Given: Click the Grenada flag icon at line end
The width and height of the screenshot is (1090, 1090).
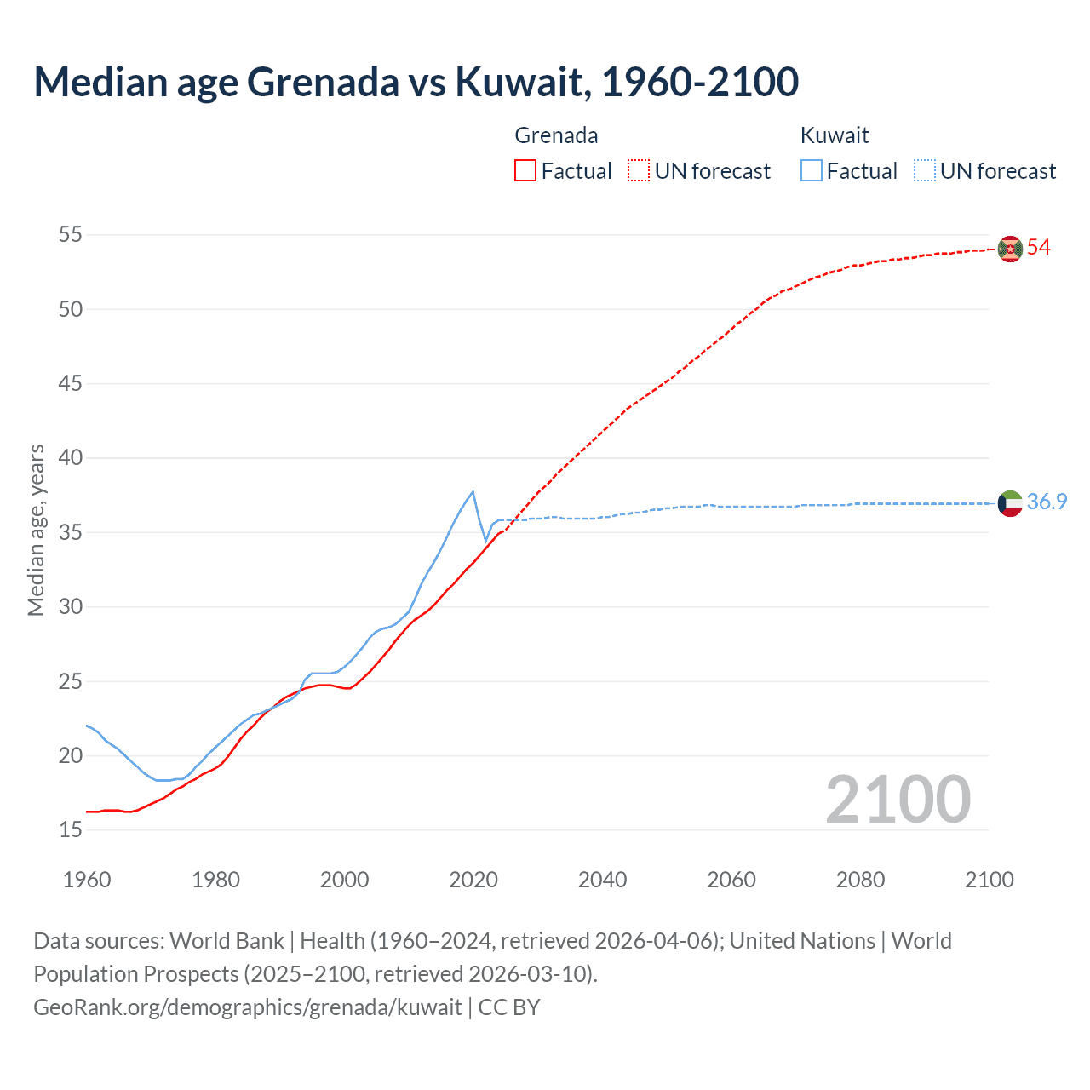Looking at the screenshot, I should point(1010,249).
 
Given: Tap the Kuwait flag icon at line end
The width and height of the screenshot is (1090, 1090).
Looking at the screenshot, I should point(1010,503).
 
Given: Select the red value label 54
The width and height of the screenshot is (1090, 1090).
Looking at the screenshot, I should point(1038,248).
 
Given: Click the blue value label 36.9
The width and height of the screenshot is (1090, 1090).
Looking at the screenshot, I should point(1047,502).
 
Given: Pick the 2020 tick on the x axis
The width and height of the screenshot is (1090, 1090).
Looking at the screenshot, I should point(473,880).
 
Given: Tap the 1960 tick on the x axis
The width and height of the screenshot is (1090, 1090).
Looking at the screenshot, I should point(87,880).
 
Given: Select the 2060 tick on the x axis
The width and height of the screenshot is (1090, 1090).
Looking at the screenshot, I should point(731,880).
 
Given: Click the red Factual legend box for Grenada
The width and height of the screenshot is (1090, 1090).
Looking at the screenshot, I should point(525,171).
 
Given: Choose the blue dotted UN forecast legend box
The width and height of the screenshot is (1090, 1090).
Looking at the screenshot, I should point(925,171).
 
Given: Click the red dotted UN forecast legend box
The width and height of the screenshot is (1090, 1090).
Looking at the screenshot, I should point(639,171).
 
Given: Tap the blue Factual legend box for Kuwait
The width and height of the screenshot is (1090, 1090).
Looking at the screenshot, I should point(812,171).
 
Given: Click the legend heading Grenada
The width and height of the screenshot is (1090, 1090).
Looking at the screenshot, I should point(556,135).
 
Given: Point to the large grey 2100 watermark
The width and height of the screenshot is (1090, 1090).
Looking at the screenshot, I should point(898,800).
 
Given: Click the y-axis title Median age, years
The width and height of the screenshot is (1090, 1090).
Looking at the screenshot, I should point(36,530).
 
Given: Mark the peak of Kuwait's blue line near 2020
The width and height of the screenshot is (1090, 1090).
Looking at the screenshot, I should point(473,491).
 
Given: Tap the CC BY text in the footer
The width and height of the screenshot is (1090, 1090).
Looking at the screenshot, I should point(509,1007).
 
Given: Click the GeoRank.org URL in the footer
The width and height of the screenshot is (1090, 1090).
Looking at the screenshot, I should point(247,1007).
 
